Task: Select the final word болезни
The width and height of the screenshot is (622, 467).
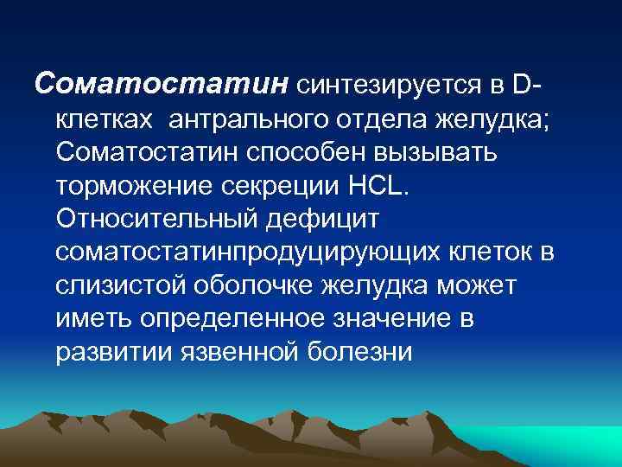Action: tap(366, 353)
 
